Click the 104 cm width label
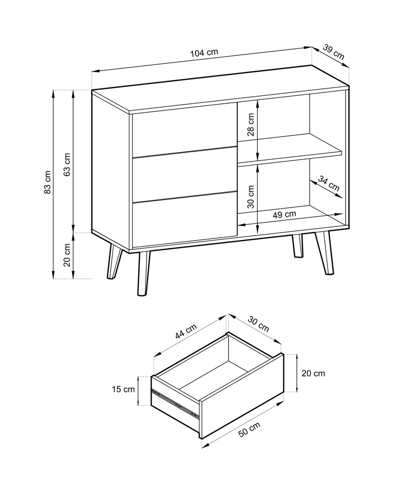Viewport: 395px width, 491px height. pos(204,52)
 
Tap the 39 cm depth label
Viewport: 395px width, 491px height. pos(334,52)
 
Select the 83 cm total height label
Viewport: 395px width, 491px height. pos(47,182)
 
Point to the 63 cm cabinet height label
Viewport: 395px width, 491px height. pos(67,164)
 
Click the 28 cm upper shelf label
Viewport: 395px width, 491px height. pos(251,124)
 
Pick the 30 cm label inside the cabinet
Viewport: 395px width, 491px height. pos(251,197)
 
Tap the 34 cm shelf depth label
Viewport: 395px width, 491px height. pos(329,183)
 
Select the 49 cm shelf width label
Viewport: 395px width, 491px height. pos(284,214)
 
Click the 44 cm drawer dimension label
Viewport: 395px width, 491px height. pos(186,331)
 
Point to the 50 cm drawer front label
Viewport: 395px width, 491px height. pos(249,429)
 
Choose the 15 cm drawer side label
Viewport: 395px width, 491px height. pos(123,389)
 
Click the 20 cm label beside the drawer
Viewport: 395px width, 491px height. pos(314,373)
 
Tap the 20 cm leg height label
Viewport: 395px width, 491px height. pos(67,254)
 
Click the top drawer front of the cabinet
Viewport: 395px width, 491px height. pos(184,131)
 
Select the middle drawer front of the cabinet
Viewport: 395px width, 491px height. pos(184,174)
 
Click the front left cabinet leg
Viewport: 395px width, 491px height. pos(143,273)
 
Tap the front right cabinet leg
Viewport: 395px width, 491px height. pos(324,253)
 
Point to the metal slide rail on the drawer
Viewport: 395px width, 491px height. pos(175,403)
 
